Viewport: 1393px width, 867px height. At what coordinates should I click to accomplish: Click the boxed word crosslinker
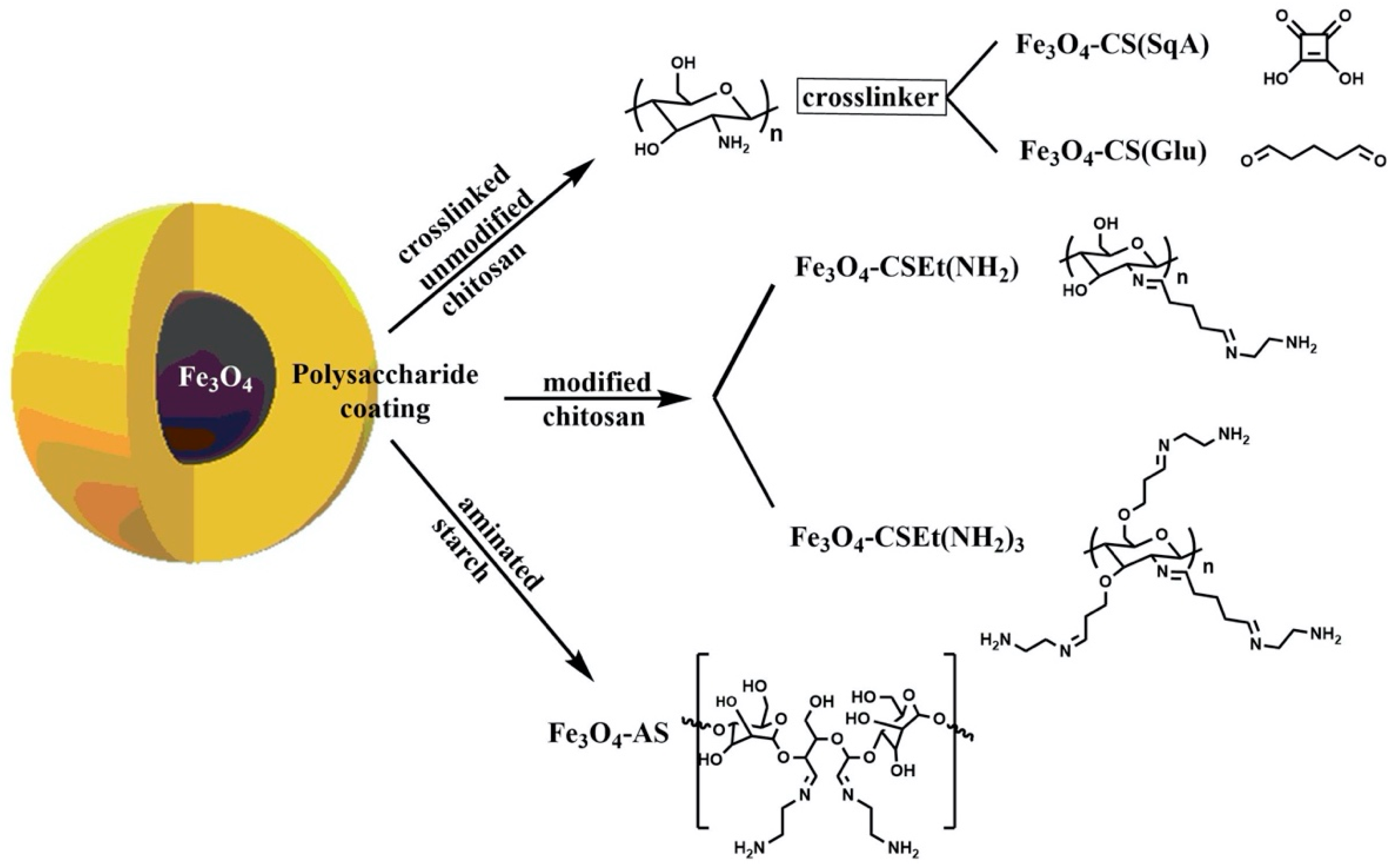pos(870,98)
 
